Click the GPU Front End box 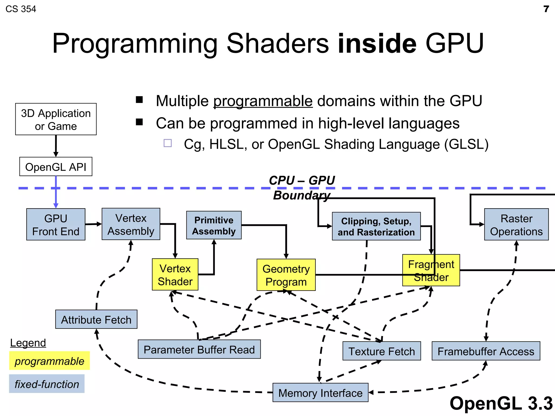point(56,225)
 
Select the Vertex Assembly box point(131,224)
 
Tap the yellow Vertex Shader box point(175,275)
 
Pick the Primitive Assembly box point(214,225)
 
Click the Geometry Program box point(286,275)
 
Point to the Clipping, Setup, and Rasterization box point(376,226)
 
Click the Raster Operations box point(516,225)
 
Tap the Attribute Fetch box point(96,320)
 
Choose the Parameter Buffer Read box point(199,349)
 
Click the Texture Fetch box point(382,351)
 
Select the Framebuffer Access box point(486,351)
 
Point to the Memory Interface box point(320,393)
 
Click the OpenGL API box point(56,167)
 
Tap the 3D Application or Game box point(56,119)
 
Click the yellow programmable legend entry point(49,361)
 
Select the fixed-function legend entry point(47,384)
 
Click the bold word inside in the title point(377,43)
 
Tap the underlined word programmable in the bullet point(263,101)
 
